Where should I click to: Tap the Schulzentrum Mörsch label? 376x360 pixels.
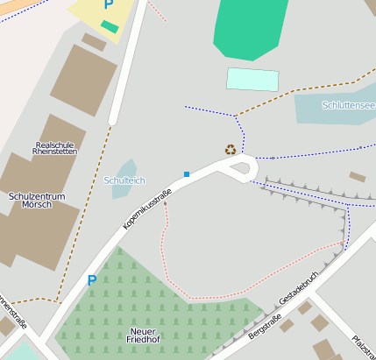[36, 201]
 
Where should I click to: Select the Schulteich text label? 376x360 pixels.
[124, 180]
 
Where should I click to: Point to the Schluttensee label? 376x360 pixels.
[348, 105]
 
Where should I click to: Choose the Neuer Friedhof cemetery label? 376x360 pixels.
[142, 334]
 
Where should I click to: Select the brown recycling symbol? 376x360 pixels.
[231, 150]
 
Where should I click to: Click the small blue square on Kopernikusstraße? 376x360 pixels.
[187, 174]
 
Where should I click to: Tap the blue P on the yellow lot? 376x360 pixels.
[108, 4]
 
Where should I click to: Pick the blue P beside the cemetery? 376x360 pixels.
[91, 281]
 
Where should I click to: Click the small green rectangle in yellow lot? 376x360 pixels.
[110, 27]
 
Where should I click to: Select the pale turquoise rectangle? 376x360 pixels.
[252, 79]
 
